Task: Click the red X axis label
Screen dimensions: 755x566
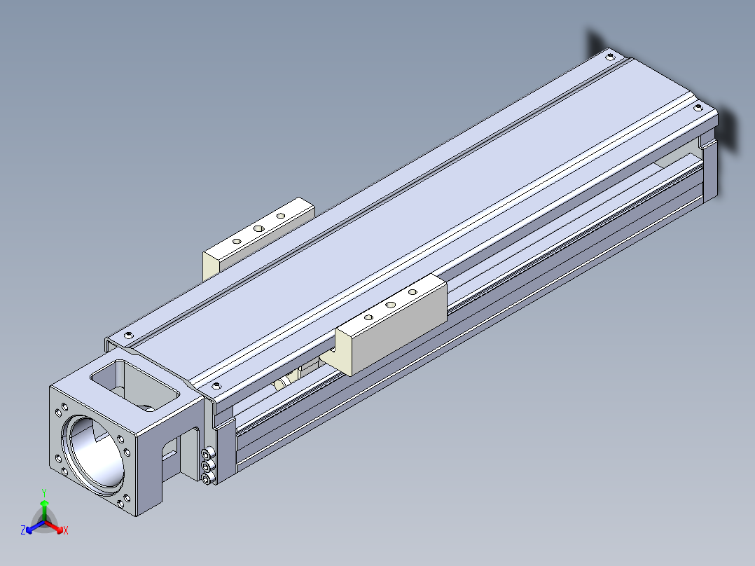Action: [x=66, y=530]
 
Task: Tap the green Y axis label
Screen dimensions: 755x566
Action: [x=44, y=492]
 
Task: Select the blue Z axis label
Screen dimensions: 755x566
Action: [x=23, y=530]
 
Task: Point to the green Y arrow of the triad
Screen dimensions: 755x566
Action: [x=44, y=510]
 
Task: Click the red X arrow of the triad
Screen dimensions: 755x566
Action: [x=53, y=527]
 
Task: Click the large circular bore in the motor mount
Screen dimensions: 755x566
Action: [x=93, y=451]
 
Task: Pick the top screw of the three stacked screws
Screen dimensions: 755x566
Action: [x=207, y=454]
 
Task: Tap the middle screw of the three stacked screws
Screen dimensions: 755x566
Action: [x=207, y=467]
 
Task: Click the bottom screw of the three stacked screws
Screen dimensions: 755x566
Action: [x=207, y=478]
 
